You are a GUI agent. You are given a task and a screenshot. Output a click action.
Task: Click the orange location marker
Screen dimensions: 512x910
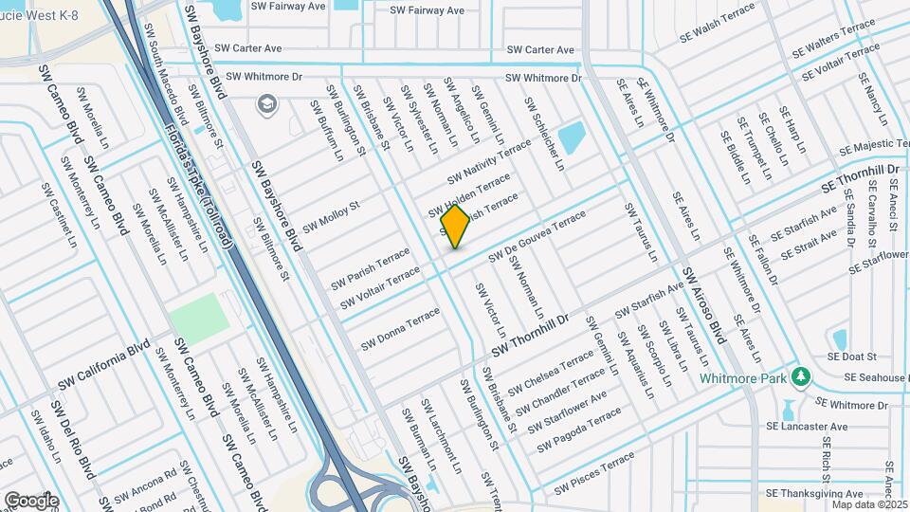pyautogui.click(x=455, y=227)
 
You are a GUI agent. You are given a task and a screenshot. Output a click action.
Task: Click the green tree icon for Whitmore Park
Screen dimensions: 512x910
pyautogui.click(x=801, y=377)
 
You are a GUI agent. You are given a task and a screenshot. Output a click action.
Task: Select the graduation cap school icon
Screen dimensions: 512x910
pyautogui.click(x=268, y=102)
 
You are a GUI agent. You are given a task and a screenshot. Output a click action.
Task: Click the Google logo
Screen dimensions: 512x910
pyautogui.click(x=31, y=500)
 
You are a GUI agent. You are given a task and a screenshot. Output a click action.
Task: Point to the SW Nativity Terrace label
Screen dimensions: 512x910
pyautogui.click(x=490, y=162)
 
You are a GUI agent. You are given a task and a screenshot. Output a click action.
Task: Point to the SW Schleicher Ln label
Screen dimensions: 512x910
pyautogui.click(x=544, y=134)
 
